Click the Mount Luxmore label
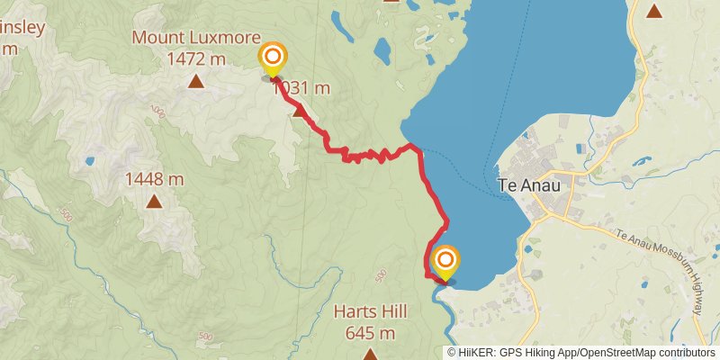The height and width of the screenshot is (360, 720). tap(195, 38)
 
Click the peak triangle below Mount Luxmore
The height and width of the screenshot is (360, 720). tap(195, 82)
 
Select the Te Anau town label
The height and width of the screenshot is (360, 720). tap(528, 185)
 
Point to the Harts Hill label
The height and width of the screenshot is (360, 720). tap(370, 312)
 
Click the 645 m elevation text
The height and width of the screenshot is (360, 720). tap(370, 333)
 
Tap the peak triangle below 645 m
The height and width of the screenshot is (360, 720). tap(370, 354)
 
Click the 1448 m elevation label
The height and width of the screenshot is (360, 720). tap(155, 179)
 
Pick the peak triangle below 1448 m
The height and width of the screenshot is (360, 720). tap(155, 202)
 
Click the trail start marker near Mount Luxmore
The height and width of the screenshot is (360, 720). tap(272, 59)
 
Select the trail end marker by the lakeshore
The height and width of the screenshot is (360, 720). tap(445, 262)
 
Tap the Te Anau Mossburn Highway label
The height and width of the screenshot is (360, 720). tap(661, 269)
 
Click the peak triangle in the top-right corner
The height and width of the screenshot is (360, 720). tap(654, 12)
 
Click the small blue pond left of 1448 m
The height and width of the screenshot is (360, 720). tap(90, 162)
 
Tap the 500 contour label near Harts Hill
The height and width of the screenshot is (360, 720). tap(381, 274)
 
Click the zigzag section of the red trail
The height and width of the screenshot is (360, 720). tap(364, 157)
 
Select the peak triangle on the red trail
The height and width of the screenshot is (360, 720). tap(298, 111)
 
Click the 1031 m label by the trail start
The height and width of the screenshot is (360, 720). tap(301, 88)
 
